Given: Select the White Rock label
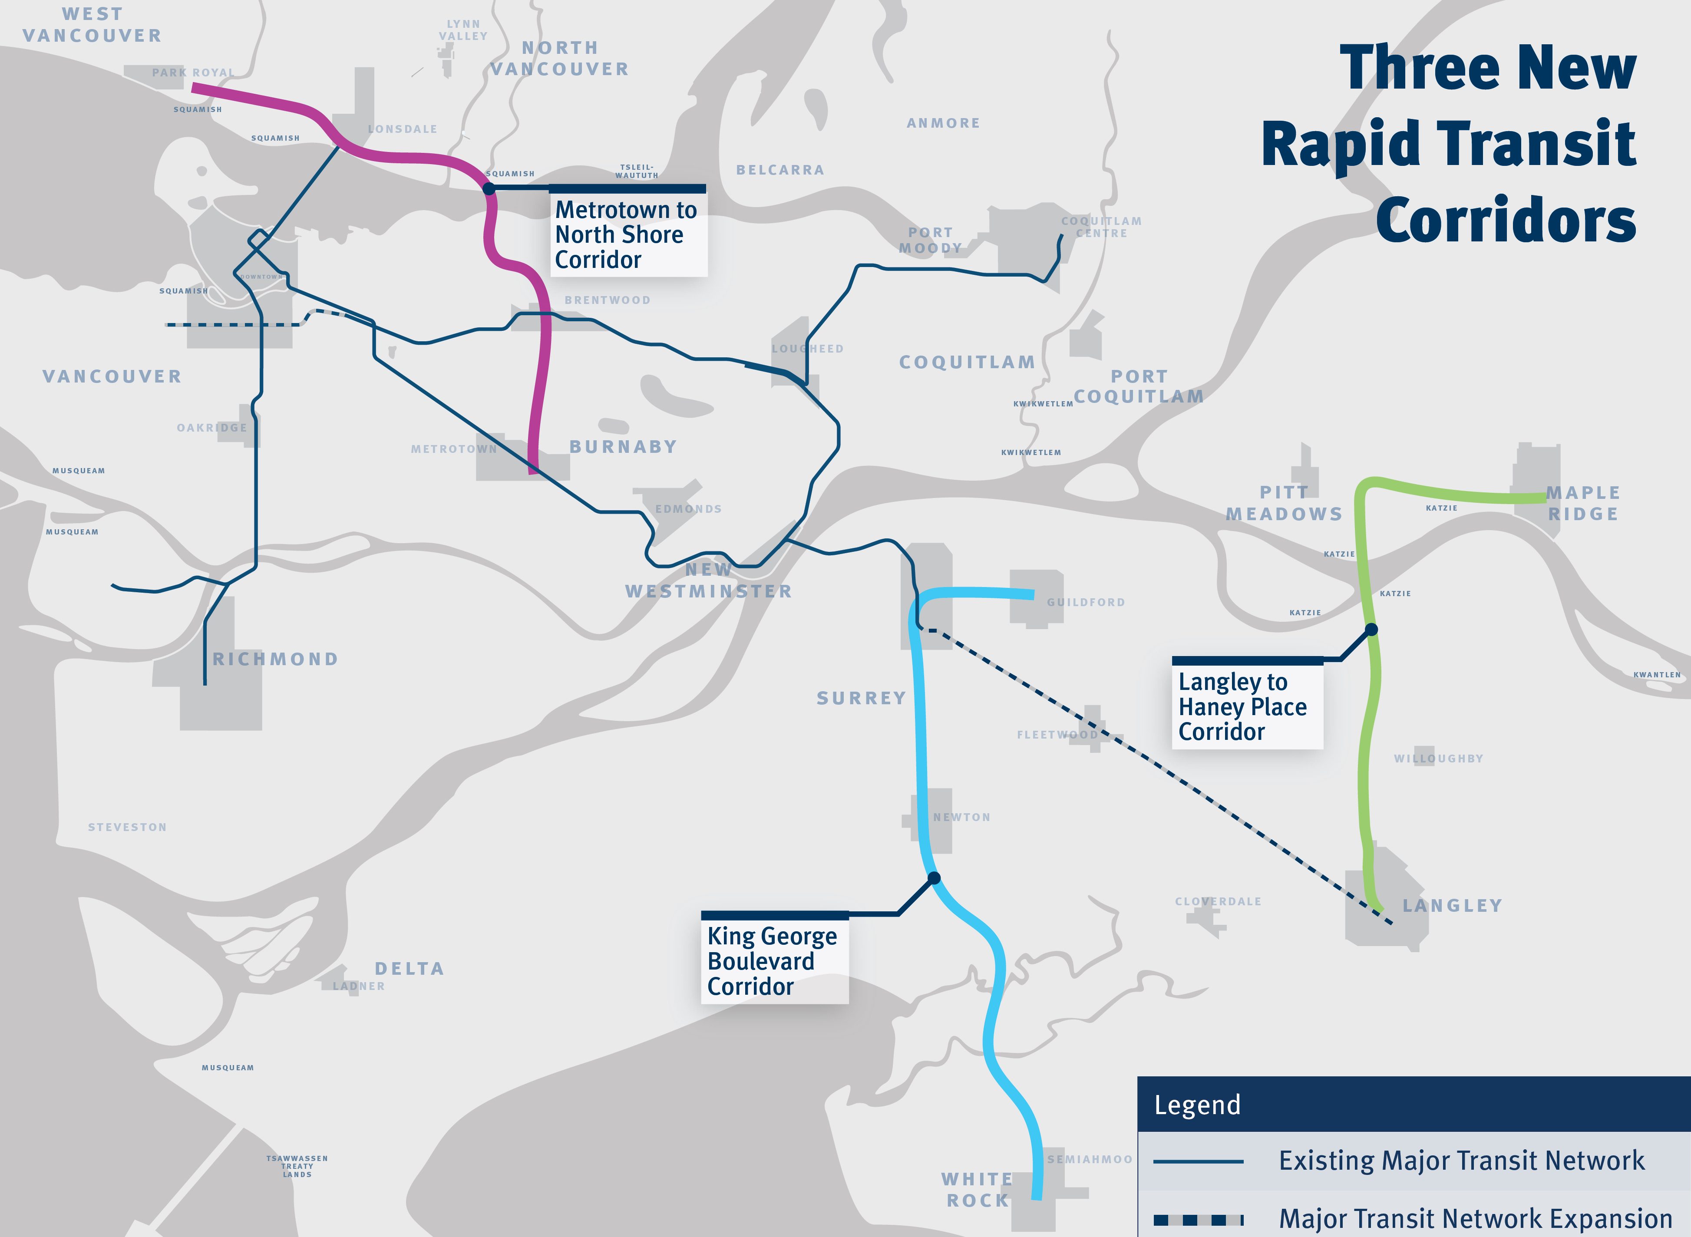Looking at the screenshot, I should [x=978, y=1190].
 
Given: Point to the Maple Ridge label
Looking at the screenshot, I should [x=1583, y=503].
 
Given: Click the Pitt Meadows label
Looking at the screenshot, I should [x=1284, y=503].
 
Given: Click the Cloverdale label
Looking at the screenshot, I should [x=1218, y=901].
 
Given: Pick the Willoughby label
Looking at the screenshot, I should [x=1438, y=759].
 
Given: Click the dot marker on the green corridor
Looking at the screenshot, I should [x=1371, y=630].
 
